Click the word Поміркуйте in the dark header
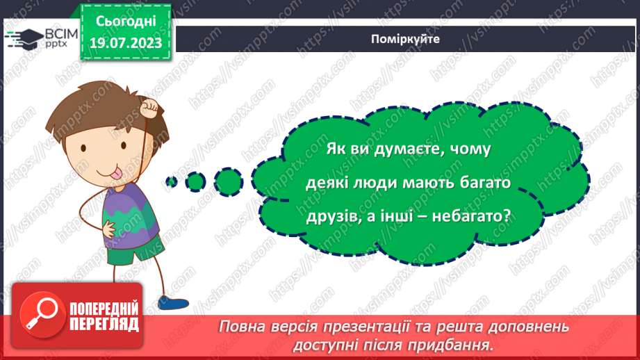click(x=405, y=39)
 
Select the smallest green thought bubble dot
click(x=171, y=182)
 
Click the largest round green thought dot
click(x=227, y=180)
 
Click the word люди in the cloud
click(x=376, y=182)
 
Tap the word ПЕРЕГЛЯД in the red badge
click(x=103, y=324)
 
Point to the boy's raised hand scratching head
click(x=149, y=108)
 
